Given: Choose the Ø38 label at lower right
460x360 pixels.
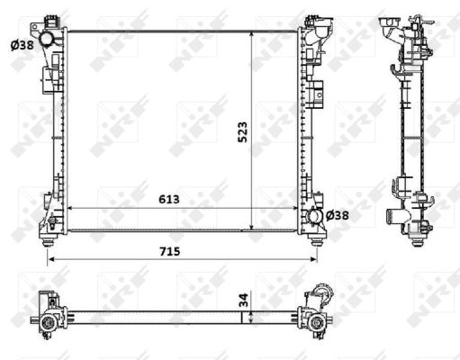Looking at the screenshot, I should tap(338, 215).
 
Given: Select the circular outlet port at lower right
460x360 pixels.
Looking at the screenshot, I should tap(313, 216).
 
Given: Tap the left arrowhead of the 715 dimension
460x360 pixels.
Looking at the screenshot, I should tap(50, 259).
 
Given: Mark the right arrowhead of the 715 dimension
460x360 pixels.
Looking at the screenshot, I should tap(316, 259).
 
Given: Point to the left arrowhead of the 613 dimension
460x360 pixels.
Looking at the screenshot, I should tap(71, 209).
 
